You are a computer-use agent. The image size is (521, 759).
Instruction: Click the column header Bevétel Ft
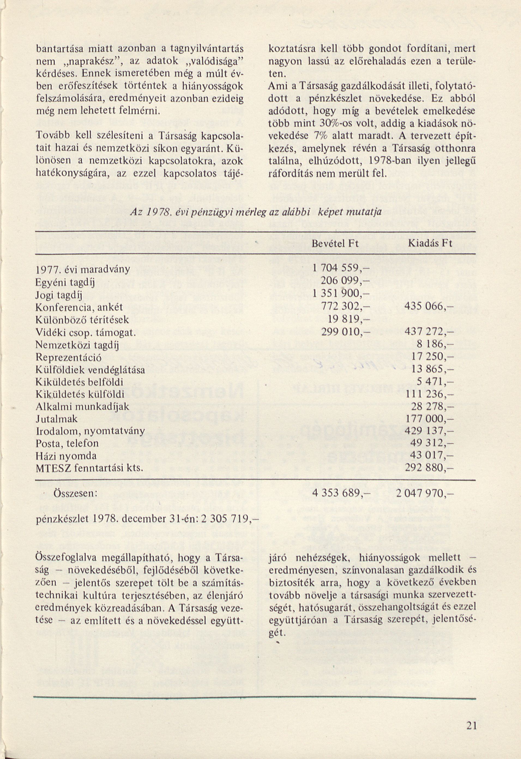click(x=335, y=244)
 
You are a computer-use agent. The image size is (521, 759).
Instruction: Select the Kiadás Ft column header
click(x=430, y=244)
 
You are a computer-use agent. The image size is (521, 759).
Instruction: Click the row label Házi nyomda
click(x=66, y=456)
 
